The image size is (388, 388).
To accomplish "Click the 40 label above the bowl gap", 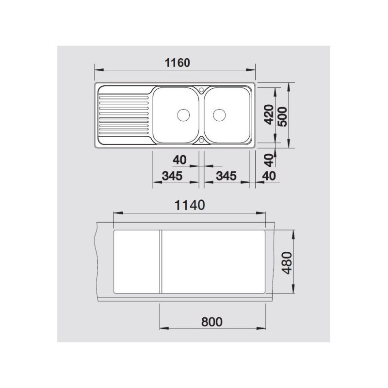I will pos(179,160).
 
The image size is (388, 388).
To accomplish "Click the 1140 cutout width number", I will pos(189,205).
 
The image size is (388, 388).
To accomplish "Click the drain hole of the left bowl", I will pos(183,115).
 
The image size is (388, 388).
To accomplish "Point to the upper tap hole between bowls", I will pos(201,89).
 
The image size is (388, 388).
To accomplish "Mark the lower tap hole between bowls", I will pos(201,141).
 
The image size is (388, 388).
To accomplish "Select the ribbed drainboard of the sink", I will pos(124,115).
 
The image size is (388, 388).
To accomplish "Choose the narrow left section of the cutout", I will pos(136,262).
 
